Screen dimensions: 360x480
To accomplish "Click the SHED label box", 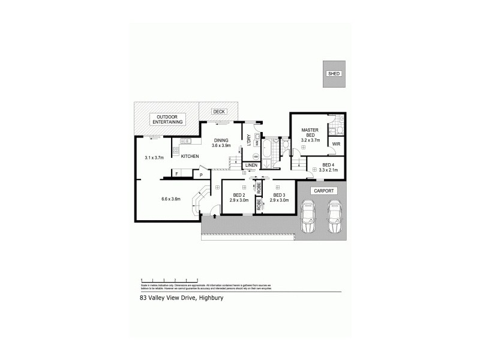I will point(334,73).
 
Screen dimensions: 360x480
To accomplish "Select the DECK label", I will point(218,112).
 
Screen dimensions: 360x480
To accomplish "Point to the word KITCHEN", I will point(190,156).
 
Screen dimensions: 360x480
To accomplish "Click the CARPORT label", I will point(323,191).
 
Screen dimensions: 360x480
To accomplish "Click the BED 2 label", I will point(239,197).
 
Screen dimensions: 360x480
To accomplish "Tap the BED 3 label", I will point(278,197).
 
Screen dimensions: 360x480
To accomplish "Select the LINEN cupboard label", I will point(252,165).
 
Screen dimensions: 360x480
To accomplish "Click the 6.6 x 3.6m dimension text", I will point(171,200).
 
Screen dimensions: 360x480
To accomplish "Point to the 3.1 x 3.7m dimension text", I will point(155,158).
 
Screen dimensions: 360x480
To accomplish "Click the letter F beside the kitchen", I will point(176,175).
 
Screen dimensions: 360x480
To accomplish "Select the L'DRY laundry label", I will point(248,138).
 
